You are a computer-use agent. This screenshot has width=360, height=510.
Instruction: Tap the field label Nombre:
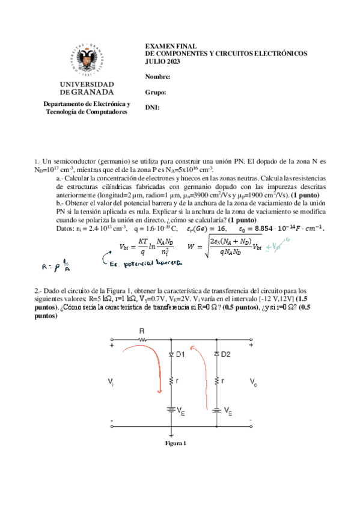(x=158, y=76)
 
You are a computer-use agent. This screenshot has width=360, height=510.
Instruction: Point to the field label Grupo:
(x=156, y=92)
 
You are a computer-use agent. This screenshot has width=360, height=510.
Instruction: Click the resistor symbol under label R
(x=142, y=340)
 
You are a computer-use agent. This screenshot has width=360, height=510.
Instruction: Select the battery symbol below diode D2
(x=218, y=411)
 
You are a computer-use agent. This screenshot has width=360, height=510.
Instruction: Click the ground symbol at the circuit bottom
(x=172, y=434)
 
